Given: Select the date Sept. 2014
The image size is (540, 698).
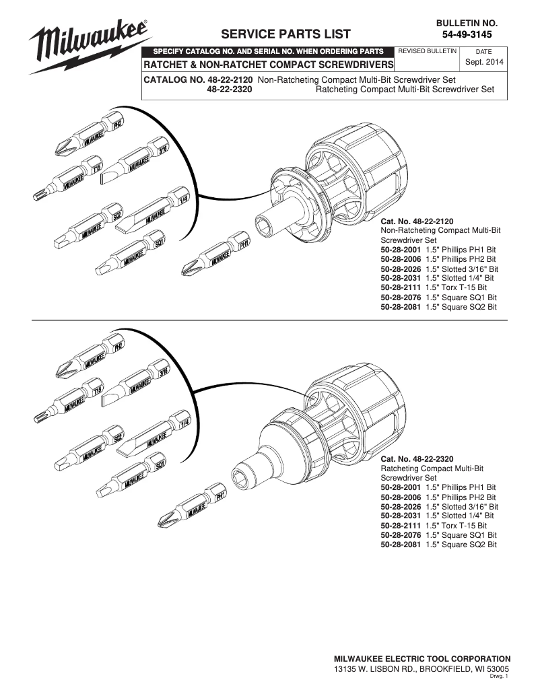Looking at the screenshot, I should tap(483, 62).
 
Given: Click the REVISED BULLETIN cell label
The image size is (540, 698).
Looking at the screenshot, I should tap(428, 51).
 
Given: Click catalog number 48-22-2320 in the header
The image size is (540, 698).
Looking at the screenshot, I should tap(230, 89).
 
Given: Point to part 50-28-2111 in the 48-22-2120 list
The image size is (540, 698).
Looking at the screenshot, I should tap(400, 287).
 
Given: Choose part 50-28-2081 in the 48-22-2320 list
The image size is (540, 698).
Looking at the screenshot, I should tap(400, 544).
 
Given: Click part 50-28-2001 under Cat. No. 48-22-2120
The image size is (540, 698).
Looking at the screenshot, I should tap(400, 249).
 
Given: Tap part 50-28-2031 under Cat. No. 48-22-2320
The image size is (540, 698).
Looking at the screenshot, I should tap(400, 515).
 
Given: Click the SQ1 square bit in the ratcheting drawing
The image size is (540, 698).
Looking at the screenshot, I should tap(131, 478).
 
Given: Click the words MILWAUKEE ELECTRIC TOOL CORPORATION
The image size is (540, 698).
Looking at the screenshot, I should tap(422, 658).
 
